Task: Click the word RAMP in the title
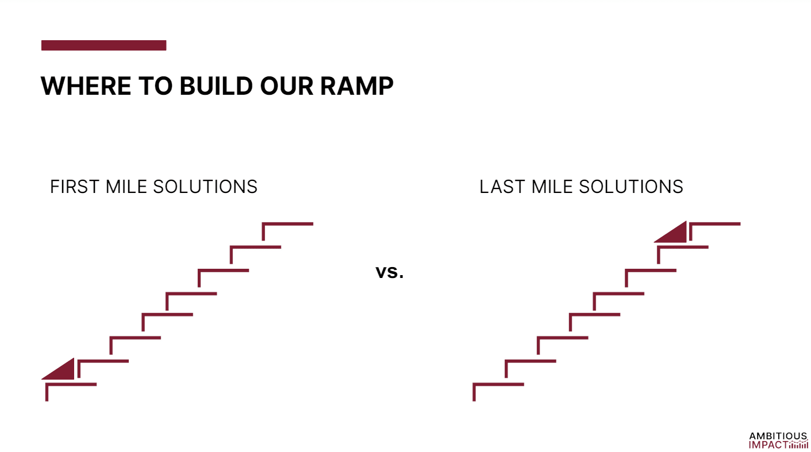coord(356,86)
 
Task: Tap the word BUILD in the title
coord(216,86)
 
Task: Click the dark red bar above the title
coord(104,45)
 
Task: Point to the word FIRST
coord(75,187)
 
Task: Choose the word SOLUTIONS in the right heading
coord(631,187)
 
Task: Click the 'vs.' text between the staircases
coord(390,272)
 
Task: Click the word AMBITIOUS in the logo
coord(778,436)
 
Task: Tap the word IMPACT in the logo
coord(768,445)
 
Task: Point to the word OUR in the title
coord(286,86)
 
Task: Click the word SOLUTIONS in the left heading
coord(205,187)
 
